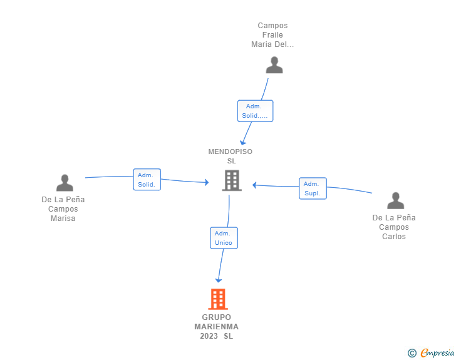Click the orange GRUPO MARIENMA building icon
218,299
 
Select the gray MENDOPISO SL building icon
232,180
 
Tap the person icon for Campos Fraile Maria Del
274,65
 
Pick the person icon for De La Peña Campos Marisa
65,183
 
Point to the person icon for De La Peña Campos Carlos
395,200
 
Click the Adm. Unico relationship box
224,238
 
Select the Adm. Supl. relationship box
313,188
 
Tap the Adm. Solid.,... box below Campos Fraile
256,111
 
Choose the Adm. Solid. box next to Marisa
147,180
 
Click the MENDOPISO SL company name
231,156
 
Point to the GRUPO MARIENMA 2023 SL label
216,327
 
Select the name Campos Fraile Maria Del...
272,35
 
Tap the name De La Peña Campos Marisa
63,208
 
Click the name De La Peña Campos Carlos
394,227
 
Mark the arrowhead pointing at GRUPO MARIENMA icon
219,280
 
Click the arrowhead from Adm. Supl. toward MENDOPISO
254,185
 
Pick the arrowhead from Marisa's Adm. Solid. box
207,182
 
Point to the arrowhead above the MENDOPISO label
243,143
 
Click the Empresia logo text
437,353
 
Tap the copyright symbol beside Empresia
412,353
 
